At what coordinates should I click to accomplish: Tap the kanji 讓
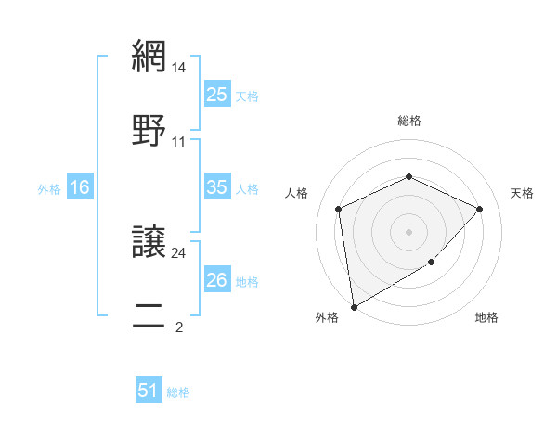148,241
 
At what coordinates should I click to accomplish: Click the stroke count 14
179,67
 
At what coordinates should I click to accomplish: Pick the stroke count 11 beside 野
179,142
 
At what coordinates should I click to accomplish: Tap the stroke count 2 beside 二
178,327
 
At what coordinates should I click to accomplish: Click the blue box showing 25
216,94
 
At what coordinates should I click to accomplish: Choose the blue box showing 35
216,187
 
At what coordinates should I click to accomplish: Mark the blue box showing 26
216,280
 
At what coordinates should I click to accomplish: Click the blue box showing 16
80,187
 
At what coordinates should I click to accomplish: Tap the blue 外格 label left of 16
49,189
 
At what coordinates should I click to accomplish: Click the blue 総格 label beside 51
178,392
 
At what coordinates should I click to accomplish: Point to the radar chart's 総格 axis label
408,121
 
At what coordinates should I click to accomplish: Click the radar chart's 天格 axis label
522,193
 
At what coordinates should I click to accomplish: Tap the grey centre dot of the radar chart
408,232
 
